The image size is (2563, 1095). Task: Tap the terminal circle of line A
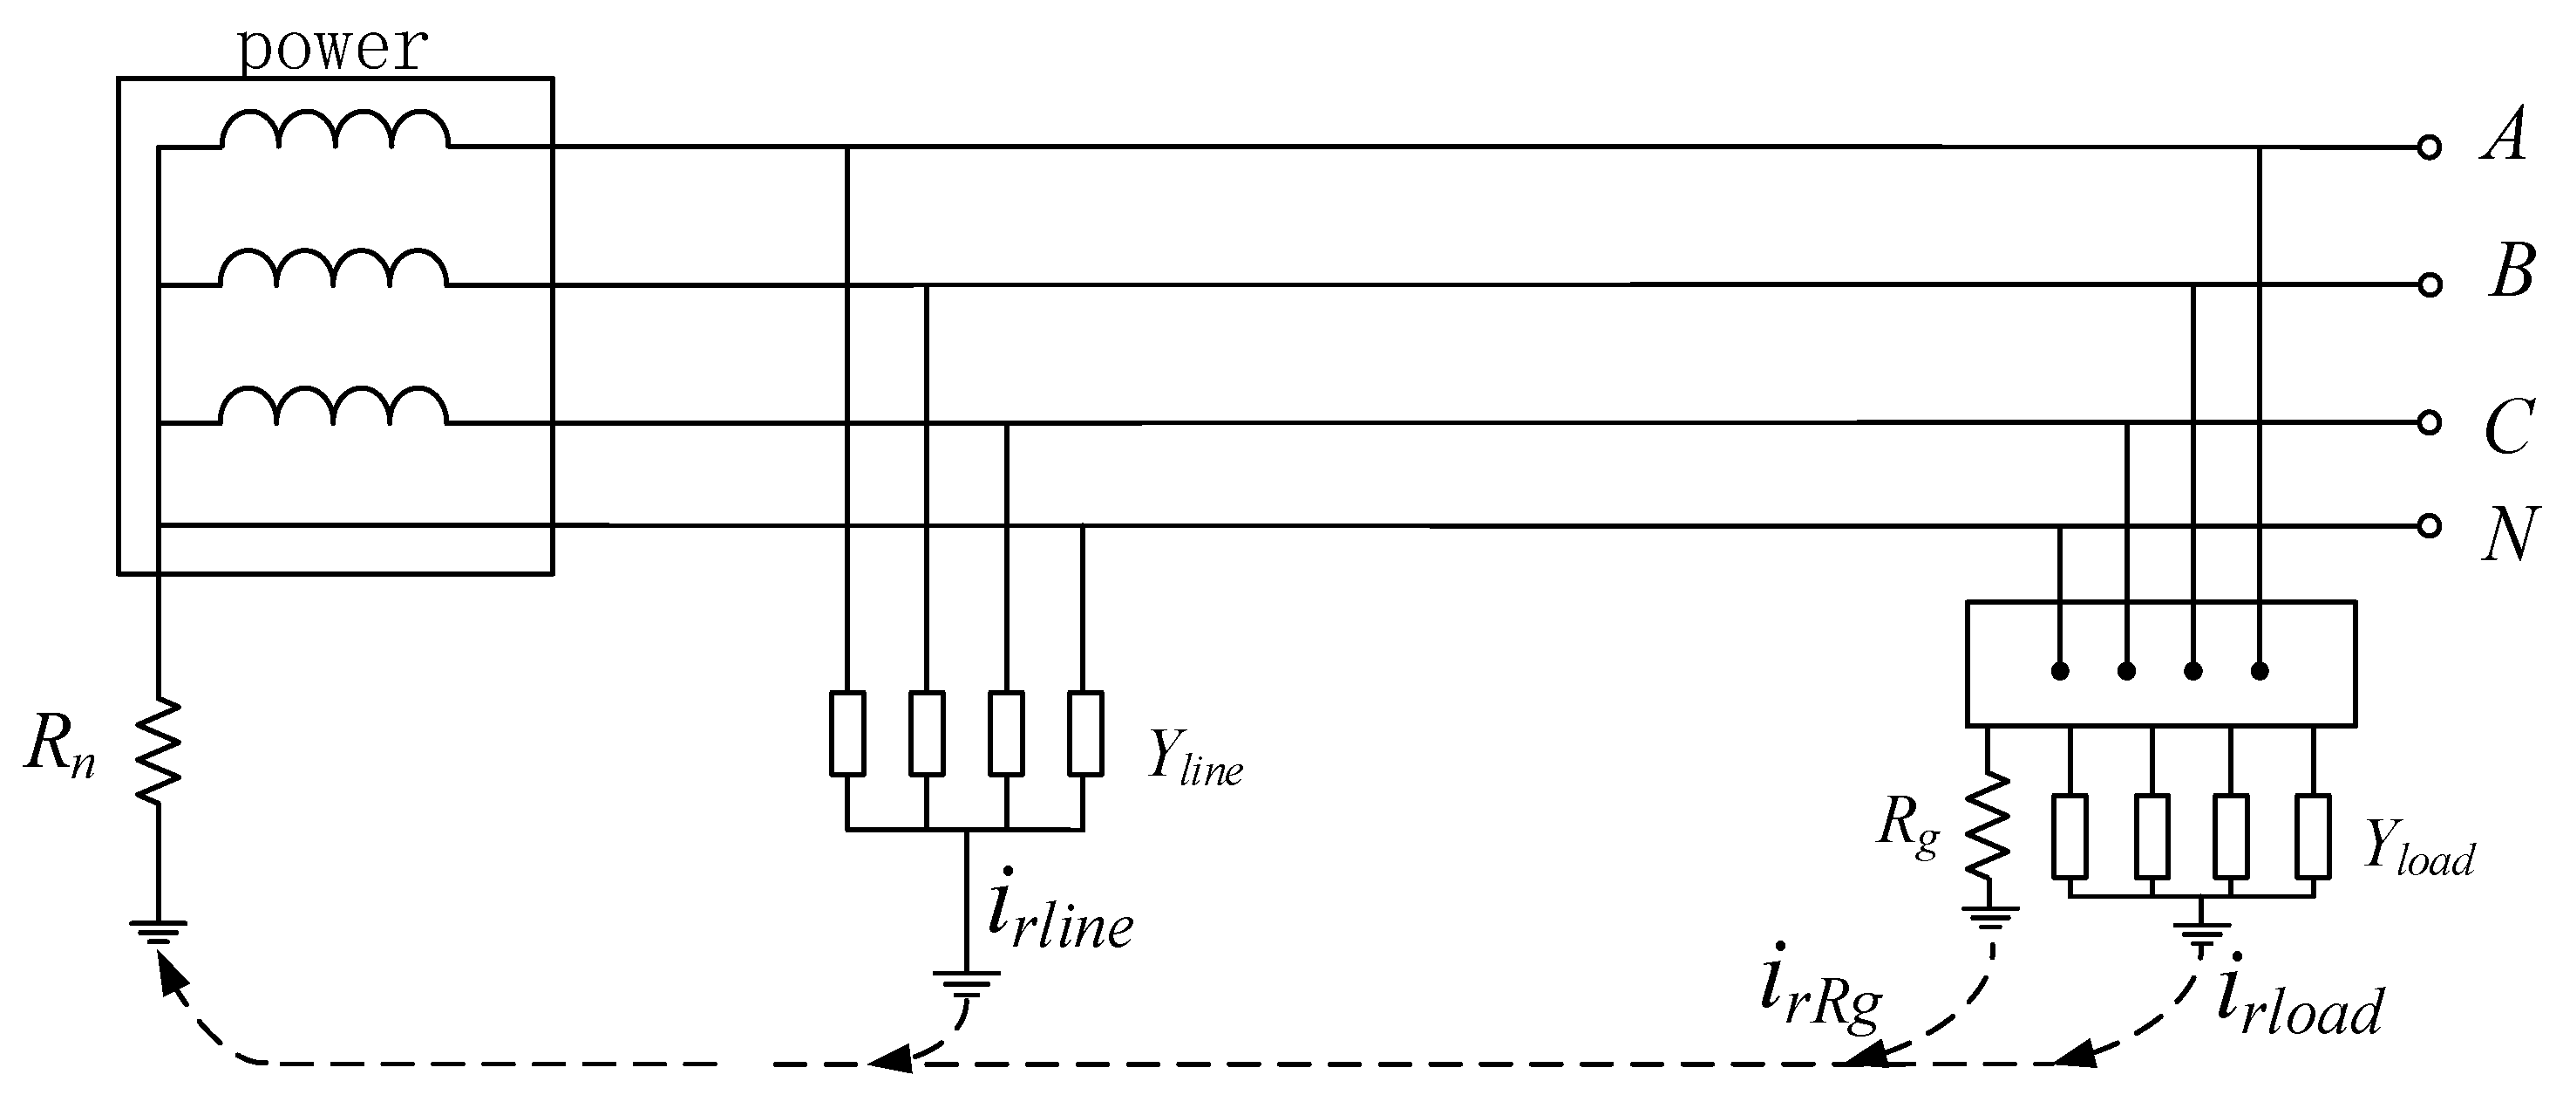[2429, 148]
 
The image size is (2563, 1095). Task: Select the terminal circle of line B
[2429, 285]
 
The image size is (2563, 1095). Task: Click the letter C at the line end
[2508, 428]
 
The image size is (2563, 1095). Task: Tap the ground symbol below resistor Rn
[158, 932]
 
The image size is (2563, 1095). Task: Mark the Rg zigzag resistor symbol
[1987, 826]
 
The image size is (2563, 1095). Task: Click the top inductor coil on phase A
[334, 130]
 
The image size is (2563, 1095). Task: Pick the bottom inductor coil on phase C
[334, 406]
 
